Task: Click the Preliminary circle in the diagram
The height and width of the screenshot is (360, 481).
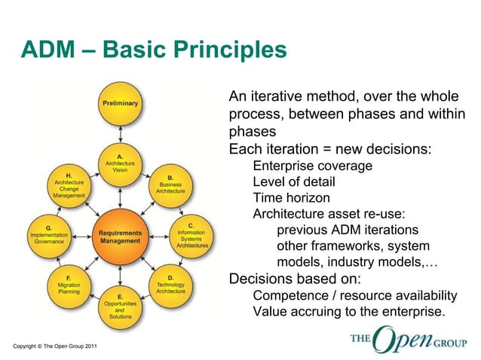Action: [120, 104]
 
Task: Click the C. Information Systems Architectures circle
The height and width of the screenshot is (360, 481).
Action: [191, 235]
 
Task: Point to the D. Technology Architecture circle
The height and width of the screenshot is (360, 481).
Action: [171, 286]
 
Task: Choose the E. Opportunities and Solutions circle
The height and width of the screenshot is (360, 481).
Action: [120, 307]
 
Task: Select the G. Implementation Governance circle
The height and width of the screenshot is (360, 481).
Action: [48, 236]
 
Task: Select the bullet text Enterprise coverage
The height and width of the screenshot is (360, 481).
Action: [312, 166]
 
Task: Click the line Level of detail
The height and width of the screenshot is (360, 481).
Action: [294, 182]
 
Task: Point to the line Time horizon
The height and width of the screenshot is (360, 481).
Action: [291, 198]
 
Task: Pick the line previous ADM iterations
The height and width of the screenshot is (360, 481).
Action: [348, 230]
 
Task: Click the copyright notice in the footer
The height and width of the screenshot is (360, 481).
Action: [49, 346]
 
